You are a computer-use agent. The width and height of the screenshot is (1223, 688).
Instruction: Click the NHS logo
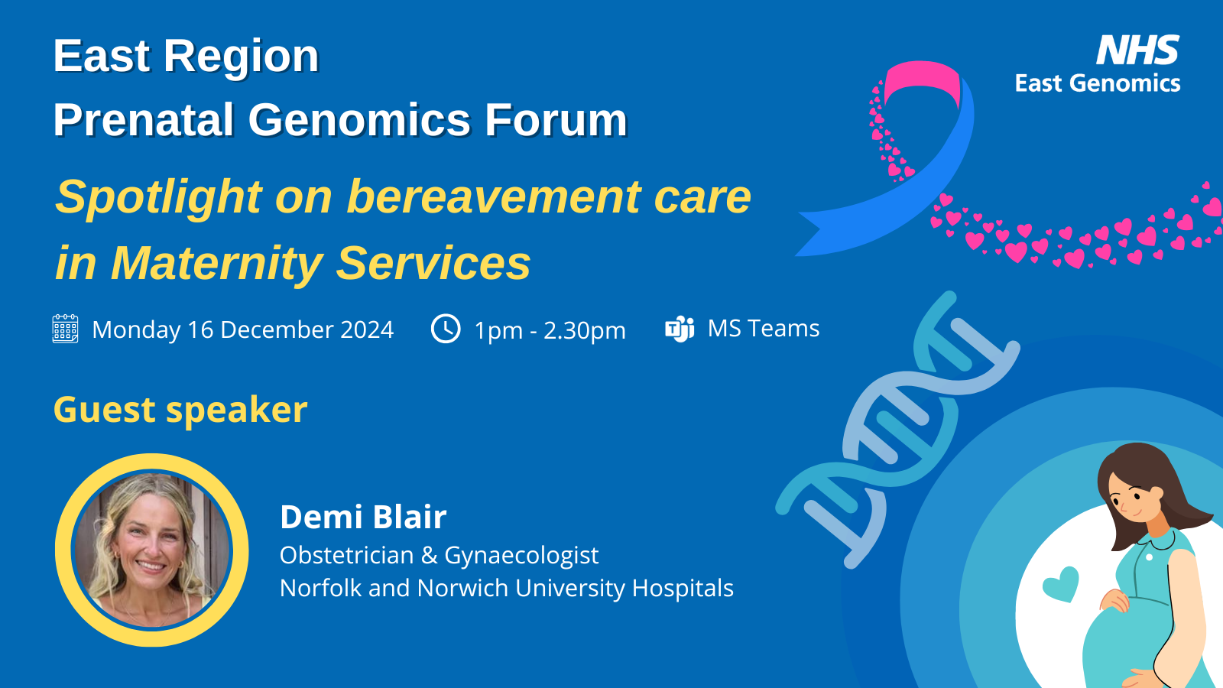[1138, 50]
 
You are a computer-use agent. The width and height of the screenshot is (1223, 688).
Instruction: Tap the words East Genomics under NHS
[1098, 83]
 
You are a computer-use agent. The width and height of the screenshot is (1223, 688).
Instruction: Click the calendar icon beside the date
[65, 329]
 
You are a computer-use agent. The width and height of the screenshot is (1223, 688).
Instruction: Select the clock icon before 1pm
[446, 329]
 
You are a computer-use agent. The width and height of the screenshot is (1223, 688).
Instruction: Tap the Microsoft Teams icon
[680, 329]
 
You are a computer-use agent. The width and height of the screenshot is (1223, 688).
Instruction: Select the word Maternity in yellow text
[217, 264]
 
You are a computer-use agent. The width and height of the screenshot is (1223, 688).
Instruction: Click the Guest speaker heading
[180, 410]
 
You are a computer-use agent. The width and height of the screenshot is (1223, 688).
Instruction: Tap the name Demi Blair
[363, 517]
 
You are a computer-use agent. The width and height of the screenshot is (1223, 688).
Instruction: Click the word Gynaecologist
[521, 556]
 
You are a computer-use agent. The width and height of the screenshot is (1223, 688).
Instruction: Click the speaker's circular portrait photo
[152, 550]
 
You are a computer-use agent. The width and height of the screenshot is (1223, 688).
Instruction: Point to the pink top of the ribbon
[922, 82]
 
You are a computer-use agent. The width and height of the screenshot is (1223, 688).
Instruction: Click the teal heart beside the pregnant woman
[1061, 584]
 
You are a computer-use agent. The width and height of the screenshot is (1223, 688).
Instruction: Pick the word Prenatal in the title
[144, 119]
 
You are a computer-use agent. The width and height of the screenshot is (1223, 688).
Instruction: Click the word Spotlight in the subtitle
[158, 198]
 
